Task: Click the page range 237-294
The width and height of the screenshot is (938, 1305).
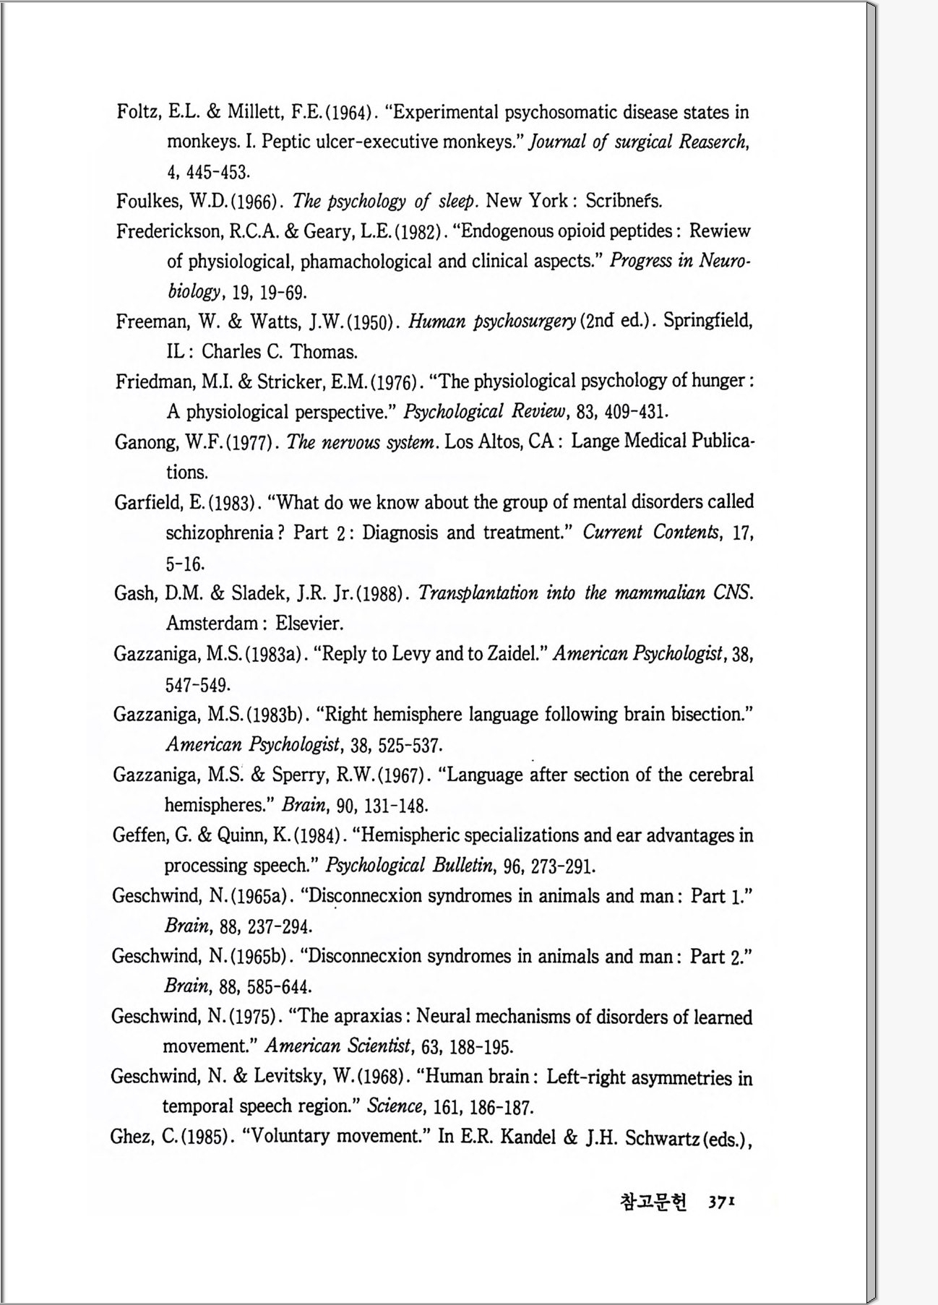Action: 280,926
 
